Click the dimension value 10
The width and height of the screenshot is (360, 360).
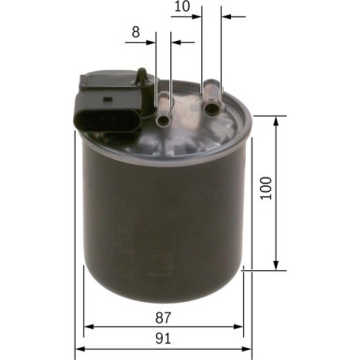point(182,7)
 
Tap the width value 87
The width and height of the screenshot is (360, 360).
point(165,319)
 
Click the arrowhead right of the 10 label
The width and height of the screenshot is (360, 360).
point(196,16)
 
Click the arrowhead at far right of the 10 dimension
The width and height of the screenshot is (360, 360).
point(227,16)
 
